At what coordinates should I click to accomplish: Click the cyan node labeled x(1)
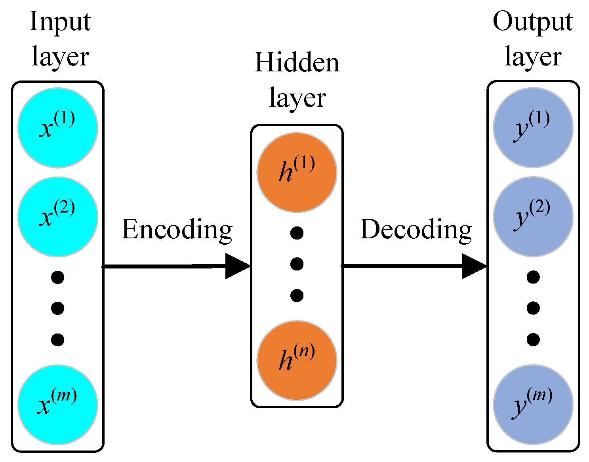click(x=58, y=127)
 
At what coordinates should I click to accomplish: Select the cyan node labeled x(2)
click(x=58, y=217)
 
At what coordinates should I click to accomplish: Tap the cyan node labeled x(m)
click(x=58, y=404)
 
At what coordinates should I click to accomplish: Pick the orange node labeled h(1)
click(x=297, y=173)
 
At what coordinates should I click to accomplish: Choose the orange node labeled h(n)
click(x=297, y=360)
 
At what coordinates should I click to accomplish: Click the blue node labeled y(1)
click(x=533, y=127)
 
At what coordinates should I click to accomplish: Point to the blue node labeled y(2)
click(x=533, y=217)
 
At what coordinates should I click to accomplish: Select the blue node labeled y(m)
click(x=533, y=404)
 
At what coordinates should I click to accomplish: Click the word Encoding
click(x=177, y=230)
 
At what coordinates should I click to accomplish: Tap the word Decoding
click(x=416, y=230)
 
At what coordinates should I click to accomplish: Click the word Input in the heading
click(x=60, y=22)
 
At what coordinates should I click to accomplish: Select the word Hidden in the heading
click(x=297, y=63)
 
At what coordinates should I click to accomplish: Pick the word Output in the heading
click(x=532, y=22)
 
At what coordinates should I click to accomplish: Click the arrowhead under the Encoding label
click(x=238, y=266)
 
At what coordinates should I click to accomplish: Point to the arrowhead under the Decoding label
click(x=474, y=266)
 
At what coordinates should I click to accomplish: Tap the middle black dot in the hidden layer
click(x=297, y=264)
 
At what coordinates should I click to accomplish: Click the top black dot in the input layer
click(x=58, y=277)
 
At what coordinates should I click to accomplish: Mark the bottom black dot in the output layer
click(x=533, y=339)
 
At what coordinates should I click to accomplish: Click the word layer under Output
click(x=533, y=57)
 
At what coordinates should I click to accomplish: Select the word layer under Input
click(x=60, y=57)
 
